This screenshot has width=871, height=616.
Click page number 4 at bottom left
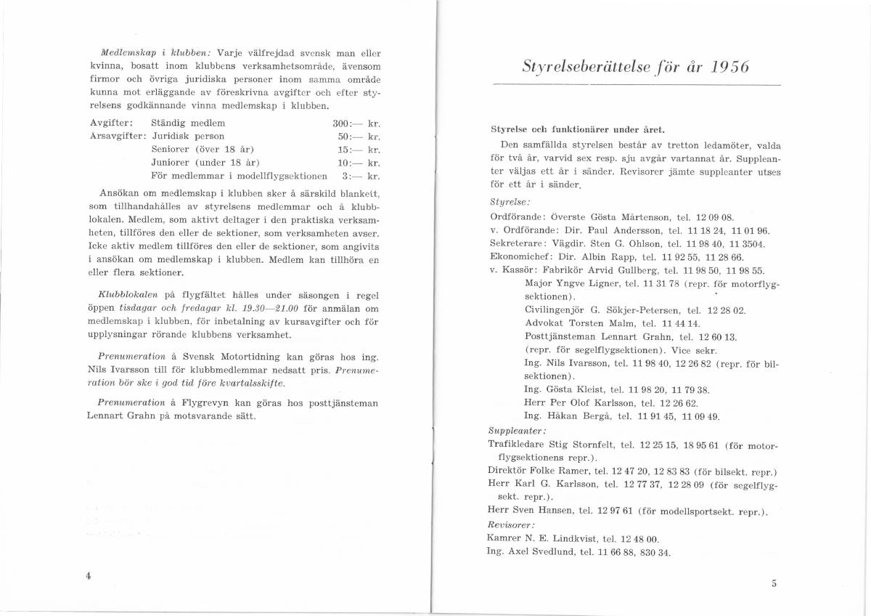87,575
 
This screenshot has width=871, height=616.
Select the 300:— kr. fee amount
356,123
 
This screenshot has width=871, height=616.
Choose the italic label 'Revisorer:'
510,524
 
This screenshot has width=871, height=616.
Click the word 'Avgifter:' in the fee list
110,123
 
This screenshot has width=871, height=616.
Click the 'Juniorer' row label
172,162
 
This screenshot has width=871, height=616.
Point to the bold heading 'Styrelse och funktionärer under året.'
578,130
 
